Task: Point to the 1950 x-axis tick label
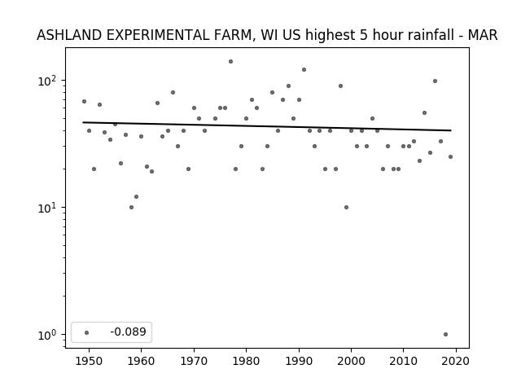click(89, 361)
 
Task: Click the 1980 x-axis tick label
click(246, 361)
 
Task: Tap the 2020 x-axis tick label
click(456, 361)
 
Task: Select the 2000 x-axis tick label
click(351, 361)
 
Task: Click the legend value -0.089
click(129, 332)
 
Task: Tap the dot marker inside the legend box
click(87, 332)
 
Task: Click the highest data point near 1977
click(230, 62)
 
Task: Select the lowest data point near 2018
click(445, 335)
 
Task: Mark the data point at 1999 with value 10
click(346, 208)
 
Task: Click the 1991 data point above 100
click(304, 70)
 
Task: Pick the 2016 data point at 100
click(435, 81)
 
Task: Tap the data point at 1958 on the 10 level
click(131, 208)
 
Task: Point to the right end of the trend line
click(451, 130)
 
